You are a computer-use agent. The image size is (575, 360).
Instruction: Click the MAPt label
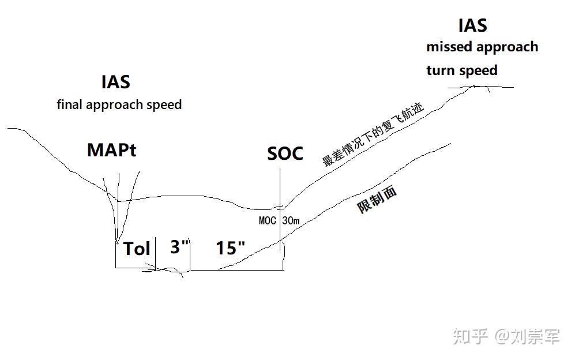coord(112,150)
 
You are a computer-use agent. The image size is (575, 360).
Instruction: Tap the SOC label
coord(285,153)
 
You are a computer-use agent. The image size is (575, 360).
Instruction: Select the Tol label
coord(137,249)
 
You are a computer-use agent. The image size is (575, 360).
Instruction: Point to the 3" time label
coord(179,247)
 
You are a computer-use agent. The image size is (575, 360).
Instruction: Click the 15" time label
coord(230,248)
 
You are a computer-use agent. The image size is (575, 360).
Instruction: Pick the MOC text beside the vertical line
coord(267,220)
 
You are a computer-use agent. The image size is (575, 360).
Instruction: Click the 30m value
coord(291,220)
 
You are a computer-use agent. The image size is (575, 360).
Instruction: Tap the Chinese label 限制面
coord(377,200)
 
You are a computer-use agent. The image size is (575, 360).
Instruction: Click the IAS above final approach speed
coord(116,82)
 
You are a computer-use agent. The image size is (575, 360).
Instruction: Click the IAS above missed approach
coord(472,25)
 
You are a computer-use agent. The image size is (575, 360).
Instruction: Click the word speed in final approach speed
coord(166,105)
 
